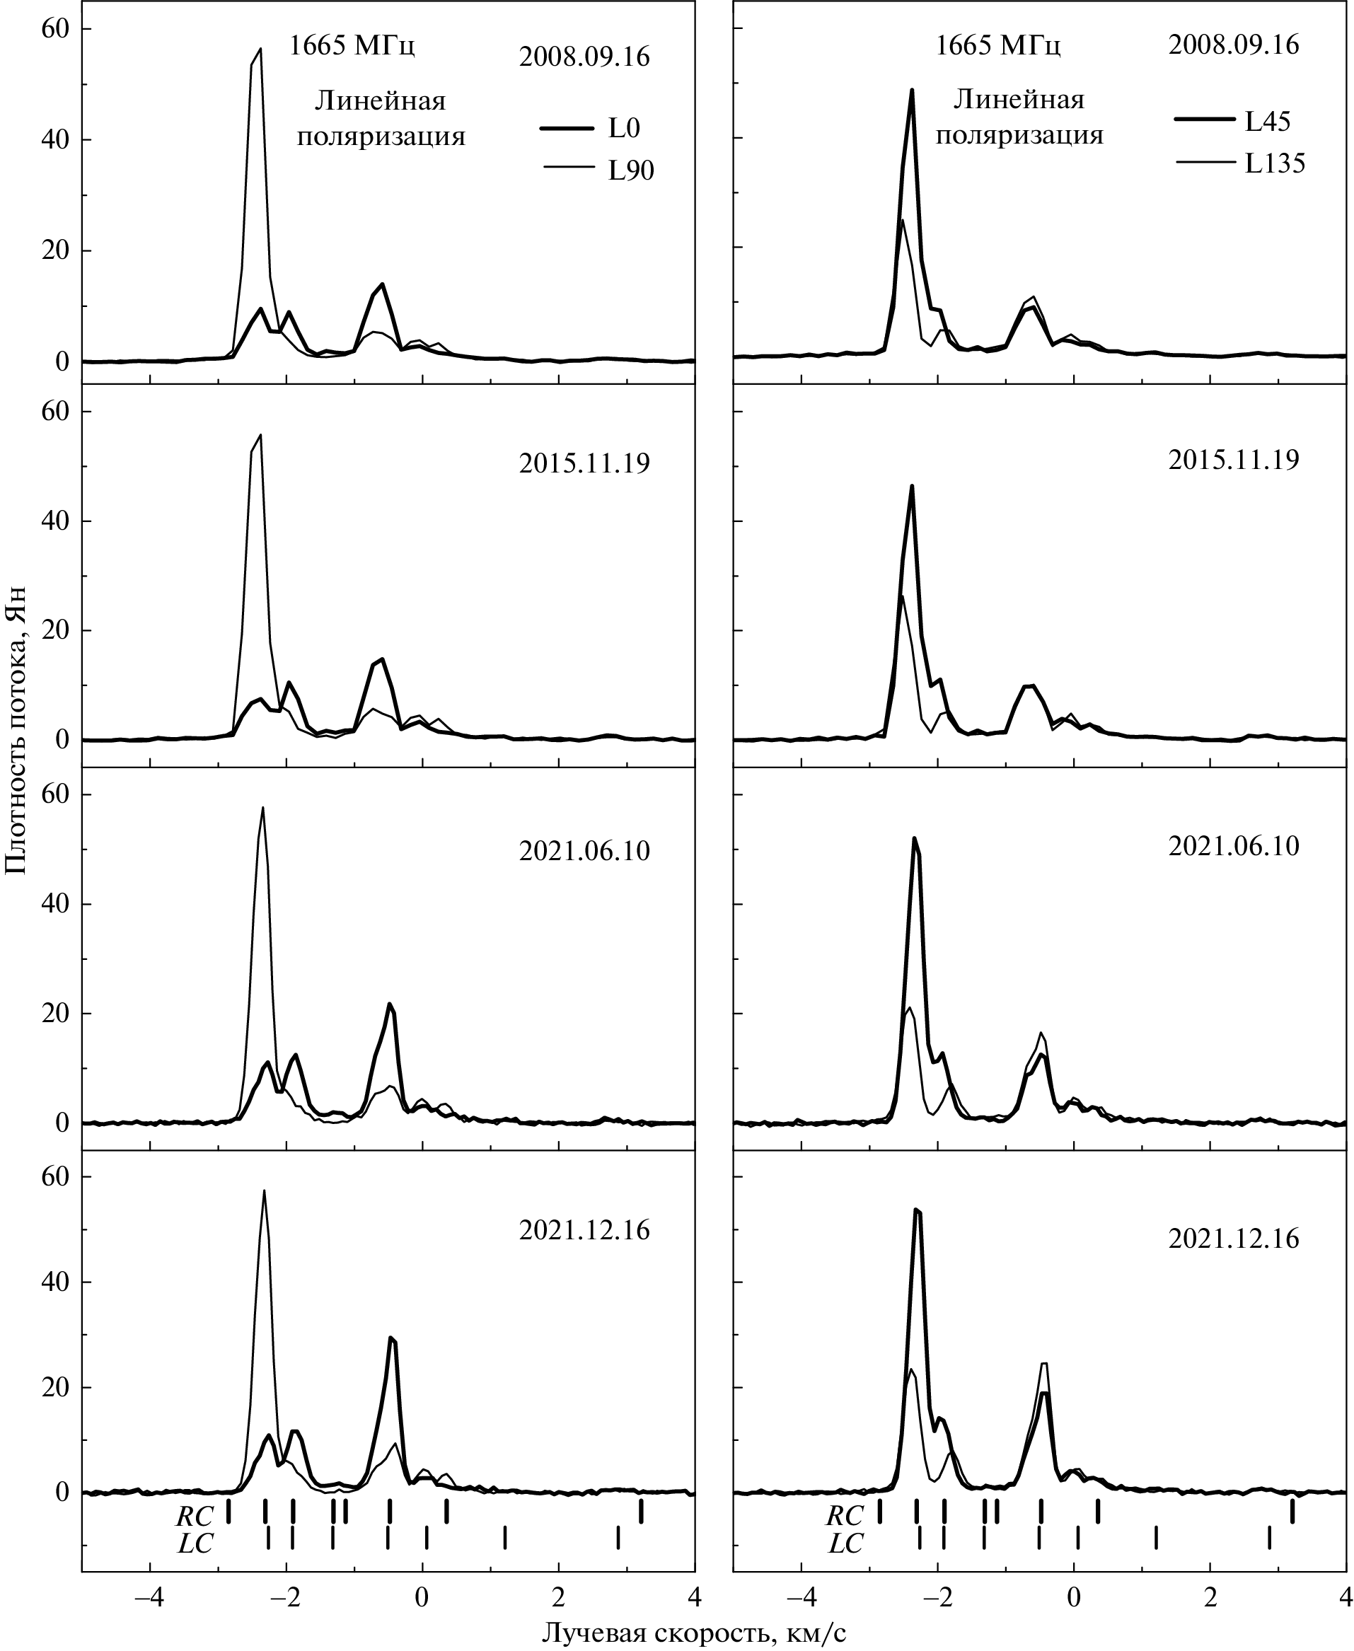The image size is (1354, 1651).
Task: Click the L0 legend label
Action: click(x=624, y=129)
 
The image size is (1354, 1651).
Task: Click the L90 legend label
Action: click(x=631, y=172)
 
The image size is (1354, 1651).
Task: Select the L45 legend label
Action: click(x=1268, y=122)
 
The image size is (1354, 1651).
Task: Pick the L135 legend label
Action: click(x=1275, y=164)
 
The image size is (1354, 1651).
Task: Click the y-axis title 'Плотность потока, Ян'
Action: click(x=17, y=740)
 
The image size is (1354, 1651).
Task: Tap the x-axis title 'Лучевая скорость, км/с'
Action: click(x=694, y=1633)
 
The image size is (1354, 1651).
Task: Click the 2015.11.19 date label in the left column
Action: click(x=584, y=464)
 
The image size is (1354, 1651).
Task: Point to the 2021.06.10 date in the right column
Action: click(x=1234, y=846)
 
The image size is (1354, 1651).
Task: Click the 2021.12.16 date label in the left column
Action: click(x=584, y=1231)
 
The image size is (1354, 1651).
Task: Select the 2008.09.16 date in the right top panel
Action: click(x=1234, y=45)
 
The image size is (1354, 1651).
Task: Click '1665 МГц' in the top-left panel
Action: click(x=352, y=47)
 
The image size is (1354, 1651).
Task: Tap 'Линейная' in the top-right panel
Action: click(x=1019, y=100)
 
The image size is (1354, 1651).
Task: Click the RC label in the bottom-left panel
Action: click(x=195, y=1515)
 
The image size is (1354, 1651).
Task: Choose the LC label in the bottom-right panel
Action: click(x=845, y=1543)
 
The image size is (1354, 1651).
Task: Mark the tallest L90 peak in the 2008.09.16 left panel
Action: click(x=260, y=49)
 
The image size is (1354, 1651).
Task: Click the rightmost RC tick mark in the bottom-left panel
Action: click(x=641, y=1512)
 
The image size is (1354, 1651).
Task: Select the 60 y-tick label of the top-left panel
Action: click(x=55, y=29)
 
